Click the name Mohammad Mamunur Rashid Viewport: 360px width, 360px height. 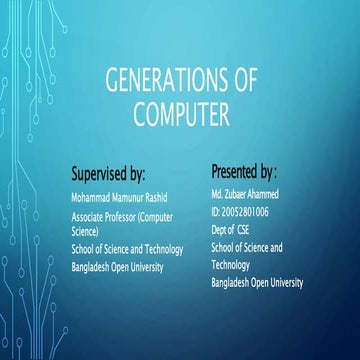tap(121, 197)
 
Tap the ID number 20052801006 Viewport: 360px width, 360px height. tap(246, 210)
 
